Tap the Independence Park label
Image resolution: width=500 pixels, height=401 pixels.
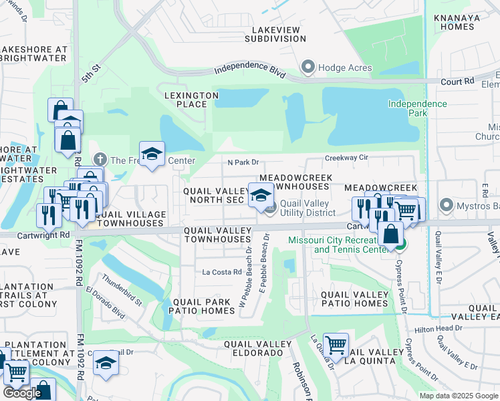(418, 109)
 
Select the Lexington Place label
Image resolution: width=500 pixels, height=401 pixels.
(192, 100)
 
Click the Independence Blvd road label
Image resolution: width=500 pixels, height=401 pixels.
(250, 70)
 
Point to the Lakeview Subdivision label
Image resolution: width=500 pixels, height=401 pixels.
(279, 34)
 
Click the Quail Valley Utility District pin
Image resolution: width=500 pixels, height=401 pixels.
(270, 209)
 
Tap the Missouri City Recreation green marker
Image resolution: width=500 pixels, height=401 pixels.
(400, 245)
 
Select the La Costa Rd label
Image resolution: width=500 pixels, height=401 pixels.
(221, 272)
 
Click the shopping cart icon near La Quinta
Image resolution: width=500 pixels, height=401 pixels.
(336, 346)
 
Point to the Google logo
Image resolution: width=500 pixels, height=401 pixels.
(22, 393)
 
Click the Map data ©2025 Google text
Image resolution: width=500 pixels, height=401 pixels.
(459, 396)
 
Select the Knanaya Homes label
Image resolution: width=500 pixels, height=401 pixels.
(454, 22)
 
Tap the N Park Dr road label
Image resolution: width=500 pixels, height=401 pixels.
(243, 162)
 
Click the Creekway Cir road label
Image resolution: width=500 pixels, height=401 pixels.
(347, 158)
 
